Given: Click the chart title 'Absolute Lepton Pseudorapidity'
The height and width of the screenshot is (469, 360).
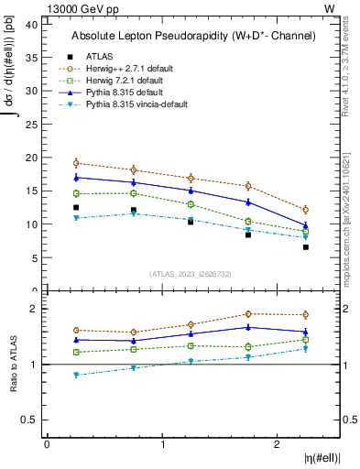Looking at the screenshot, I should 193,36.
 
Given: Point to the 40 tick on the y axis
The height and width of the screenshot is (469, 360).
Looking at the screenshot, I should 35,25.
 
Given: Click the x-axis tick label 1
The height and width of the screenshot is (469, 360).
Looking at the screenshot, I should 163,444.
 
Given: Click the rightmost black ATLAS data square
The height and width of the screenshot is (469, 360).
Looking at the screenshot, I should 306,247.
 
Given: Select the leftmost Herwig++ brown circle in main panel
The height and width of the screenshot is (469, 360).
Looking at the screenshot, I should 76,163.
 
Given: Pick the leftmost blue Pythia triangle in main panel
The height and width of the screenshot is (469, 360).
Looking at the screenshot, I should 76,177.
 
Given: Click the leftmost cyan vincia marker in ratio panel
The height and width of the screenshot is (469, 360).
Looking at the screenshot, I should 76,375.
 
